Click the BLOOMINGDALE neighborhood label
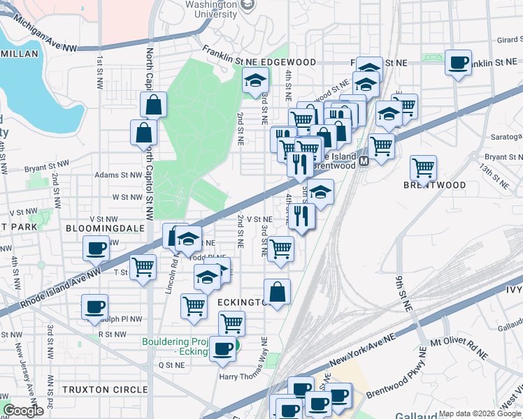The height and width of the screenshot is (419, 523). (105, 228)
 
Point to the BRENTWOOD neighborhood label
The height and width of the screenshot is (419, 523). (434, 185)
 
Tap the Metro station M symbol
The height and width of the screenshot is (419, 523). (364, 162)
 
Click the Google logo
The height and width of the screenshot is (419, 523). (23, 411)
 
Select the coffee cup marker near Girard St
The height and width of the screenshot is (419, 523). (458, 63)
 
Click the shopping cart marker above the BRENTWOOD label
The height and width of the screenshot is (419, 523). (423, 167)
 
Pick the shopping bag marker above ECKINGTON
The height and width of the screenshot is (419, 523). (277, 291)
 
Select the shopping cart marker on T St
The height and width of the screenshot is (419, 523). (143, 266)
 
